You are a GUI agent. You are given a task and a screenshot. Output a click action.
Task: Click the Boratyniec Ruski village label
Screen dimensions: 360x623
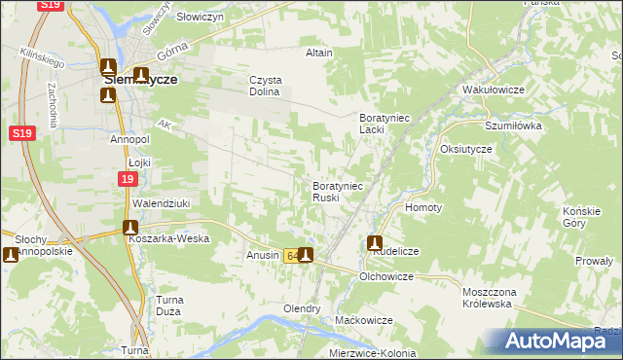click(338, 191)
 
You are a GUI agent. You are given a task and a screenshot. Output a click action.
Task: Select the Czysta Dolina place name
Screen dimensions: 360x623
click(265, 86)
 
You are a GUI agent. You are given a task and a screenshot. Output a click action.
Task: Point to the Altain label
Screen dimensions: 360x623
click(319, 53)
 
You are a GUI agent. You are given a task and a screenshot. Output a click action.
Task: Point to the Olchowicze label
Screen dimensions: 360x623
click(386, 277)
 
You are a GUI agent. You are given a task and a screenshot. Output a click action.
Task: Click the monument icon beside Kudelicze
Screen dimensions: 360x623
click(375, 243)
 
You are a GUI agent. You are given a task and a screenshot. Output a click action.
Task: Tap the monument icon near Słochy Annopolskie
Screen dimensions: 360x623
click(12, 255)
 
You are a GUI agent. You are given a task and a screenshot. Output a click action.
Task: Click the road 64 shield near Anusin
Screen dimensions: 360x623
click(292, 257)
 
